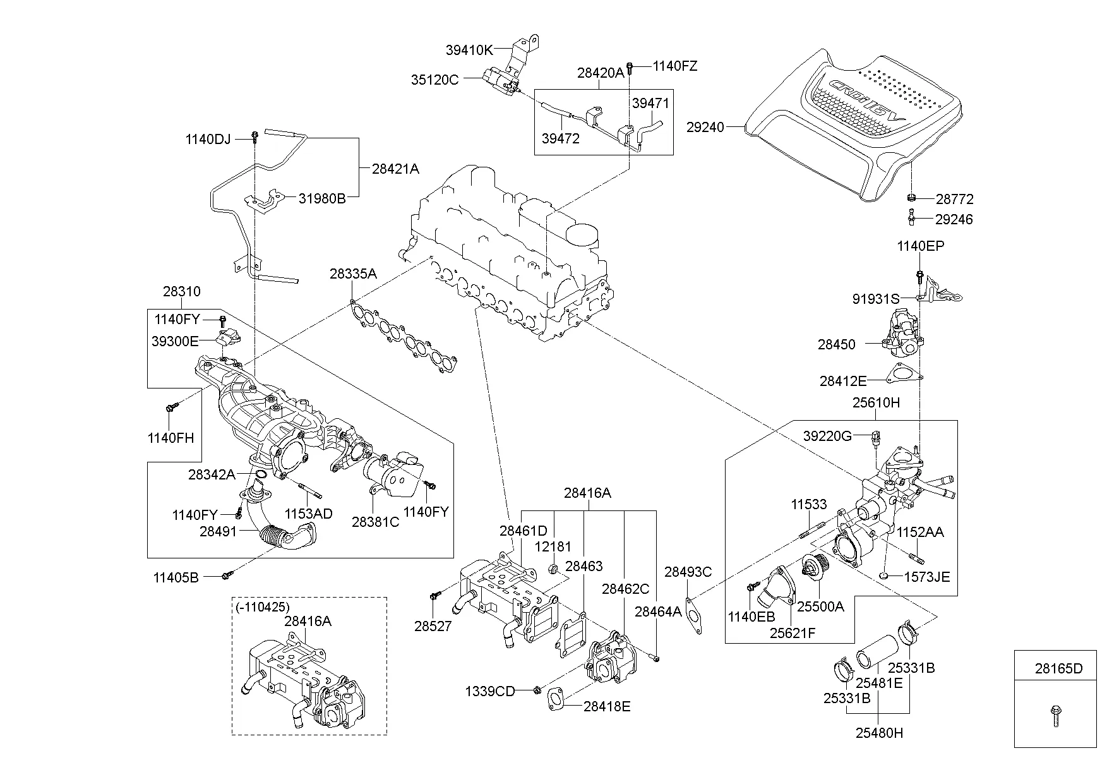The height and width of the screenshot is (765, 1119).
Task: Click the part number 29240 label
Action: click(x=705, y=127)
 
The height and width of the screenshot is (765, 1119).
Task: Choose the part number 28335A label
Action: click(x=353, y=274)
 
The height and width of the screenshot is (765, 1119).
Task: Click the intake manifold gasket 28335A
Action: click(x=404, y=335)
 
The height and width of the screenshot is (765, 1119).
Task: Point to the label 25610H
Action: click(x=876, y=402)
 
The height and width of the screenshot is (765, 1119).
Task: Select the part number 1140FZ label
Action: click(x=674, y=66)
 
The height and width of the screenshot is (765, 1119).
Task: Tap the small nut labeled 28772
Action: click(x=911, y=198)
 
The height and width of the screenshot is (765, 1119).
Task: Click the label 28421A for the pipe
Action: click(x=395, y=169)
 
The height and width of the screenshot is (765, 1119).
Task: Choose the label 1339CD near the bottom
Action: click(x=490, y=691)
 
